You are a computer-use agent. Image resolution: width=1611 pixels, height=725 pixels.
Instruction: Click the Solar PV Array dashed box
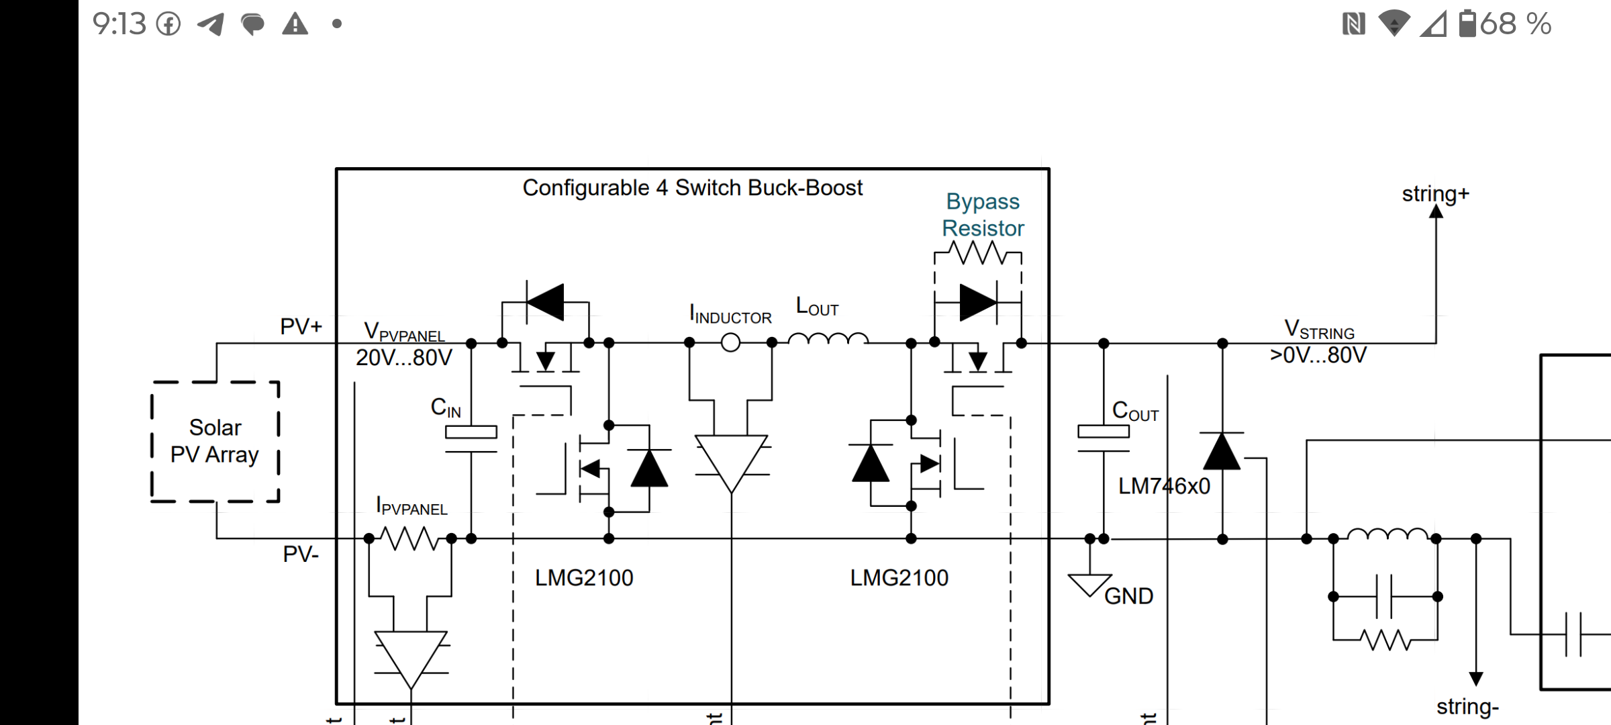tap(215, 442)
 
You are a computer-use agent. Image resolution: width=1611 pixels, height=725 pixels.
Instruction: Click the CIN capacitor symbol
tap(471, 440)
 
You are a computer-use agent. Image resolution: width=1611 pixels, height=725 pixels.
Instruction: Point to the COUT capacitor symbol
tap(1104, 440)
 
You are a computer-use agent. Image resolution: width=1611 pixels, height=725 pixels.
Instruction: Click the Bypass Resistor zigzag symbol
tap(978, 253)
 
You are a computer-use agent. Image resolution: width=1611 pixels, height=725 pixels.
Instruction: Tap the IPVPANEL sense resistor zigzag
tap(409, 538)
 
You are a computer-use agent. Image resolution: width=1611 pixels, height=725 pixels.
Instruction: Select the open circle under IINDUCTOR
tap(730, 343)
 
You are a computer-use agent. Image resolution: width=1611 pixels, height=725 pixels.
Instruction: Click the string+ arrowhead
tap(1436, 212)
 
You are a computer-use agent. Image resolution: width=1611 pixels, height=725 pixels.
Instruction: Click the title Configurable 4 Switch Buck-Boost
tap(692, 188)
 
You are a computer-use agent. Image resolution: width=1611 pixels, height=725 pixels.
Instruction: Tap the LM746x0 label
tap(1164, 486)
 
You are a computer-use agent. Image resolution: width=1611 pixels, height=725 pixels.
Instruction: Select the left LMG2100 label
tap(584, 578)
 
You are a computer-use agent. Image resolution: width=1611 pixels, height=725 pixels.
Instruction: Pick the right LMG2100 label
tap(899, 578)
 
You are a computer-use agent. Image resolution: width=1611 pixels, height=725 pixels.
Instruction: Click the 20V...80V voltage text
tap(404, 358)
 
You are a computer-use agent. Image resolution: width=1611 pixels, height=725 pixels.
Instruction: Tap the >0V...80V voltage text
tap(1318, 355)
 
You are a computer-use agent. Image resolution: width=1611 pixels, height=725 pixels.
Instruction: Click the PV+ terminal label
tap(301, 327)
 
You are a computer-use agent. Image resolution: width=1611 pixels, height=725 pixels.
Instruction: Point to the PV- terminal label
tap(301, 554)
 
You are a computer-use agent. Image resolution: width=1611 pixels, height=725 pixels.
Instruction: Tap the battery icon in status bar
tap(1468, 23)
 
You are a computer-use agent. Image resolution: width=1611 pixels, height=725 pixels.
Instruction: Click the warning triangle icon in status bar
tap(295, 24)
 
